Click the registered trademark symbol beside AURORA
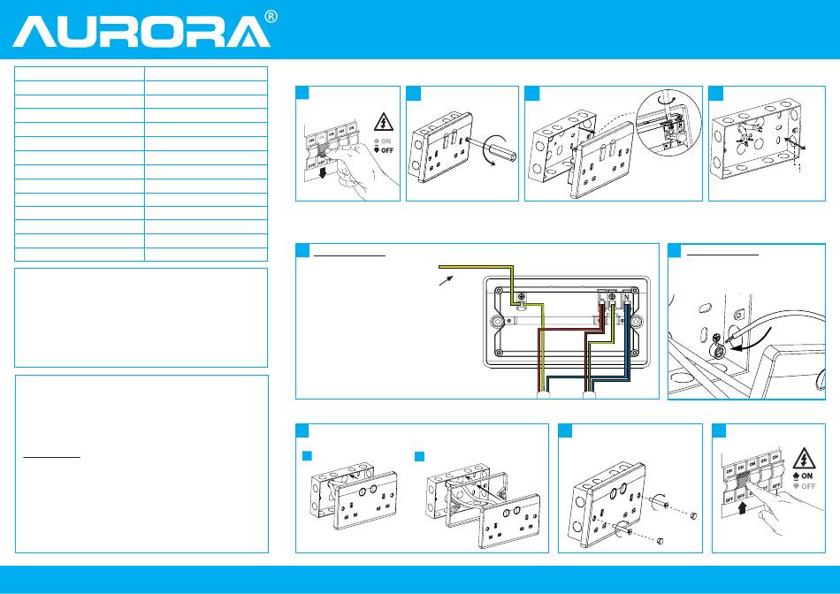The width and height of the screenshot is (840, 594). click(272, 18)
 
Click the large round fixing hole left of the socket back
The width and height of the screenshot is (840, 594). click(500, 301)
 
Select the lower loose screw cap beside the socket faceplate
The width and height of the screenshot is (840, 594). click(660, 539)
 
